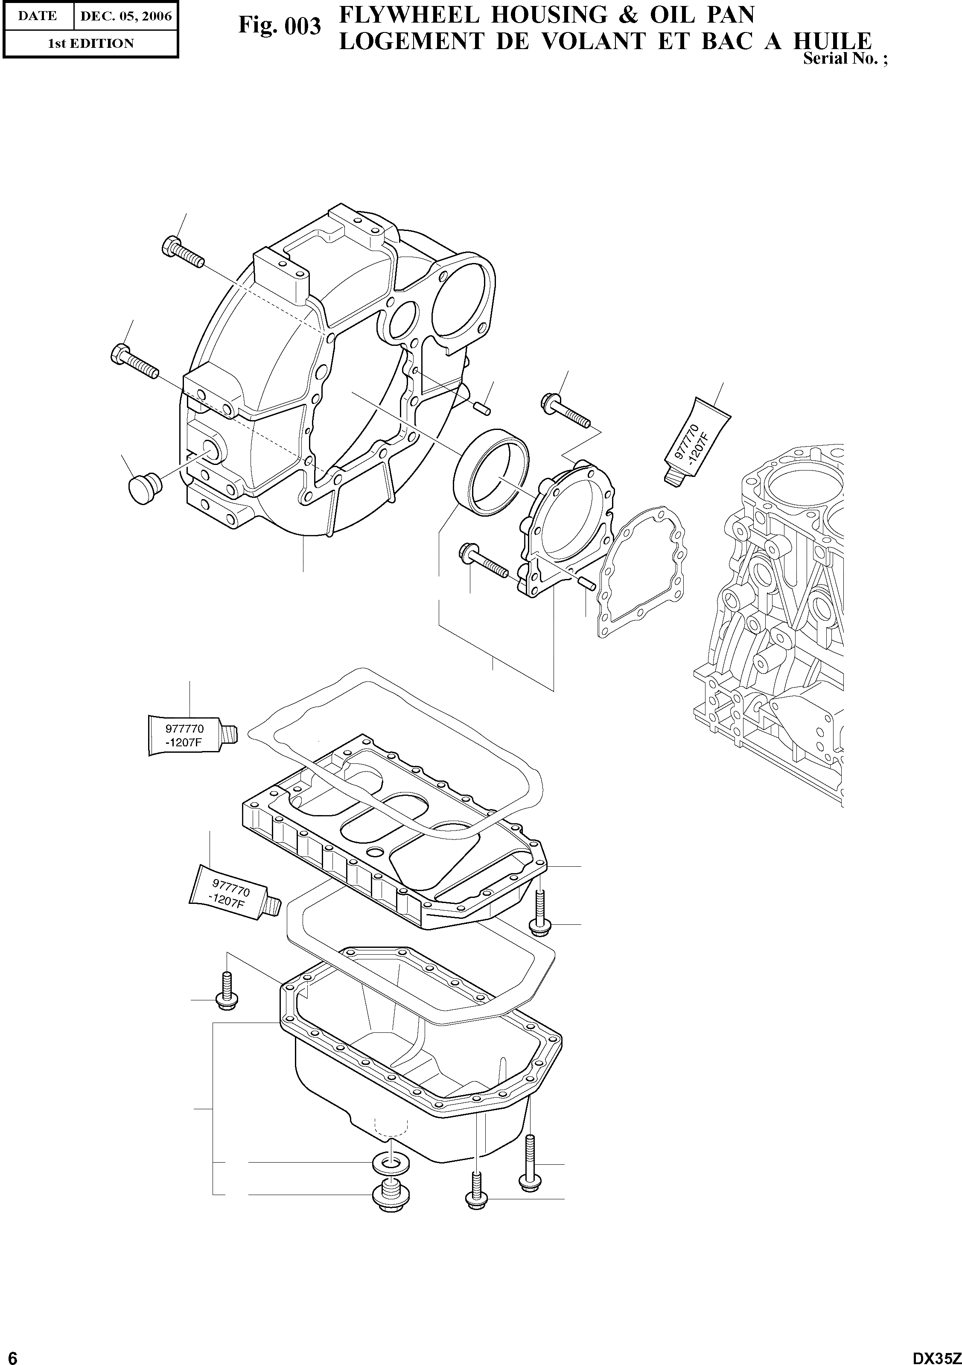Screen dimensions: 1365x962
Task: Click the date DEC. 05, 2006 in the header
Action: pos(125,16)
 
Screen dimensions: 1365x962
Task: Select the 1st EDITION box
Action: pos(90,43)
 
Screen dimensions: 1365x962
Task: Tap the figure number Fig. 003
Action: pos(279,26)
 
